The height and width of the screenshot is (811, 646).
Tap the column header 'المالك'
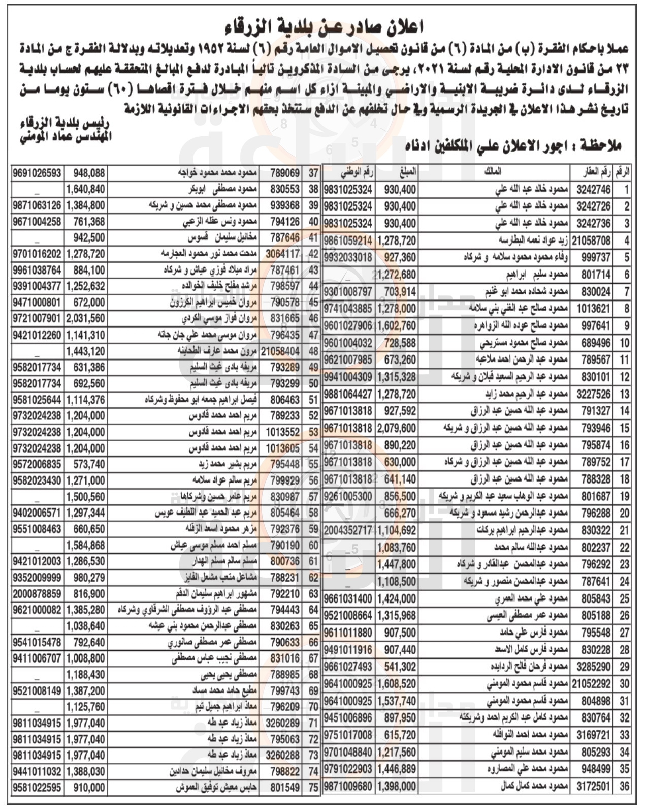coord(495,172)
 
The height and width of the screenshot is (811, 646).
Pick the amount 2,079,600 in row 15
coord(396,428)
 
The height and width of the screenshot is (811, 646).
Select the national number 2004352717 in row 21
coord(348,530)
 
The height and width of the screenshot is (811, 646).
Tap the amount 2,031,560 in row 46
coord(85,320)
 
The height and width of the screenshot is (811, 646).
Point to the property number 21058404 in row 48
coord(280,351)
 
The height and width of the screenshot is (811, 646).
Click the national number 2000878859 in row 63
coord(38,594)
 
